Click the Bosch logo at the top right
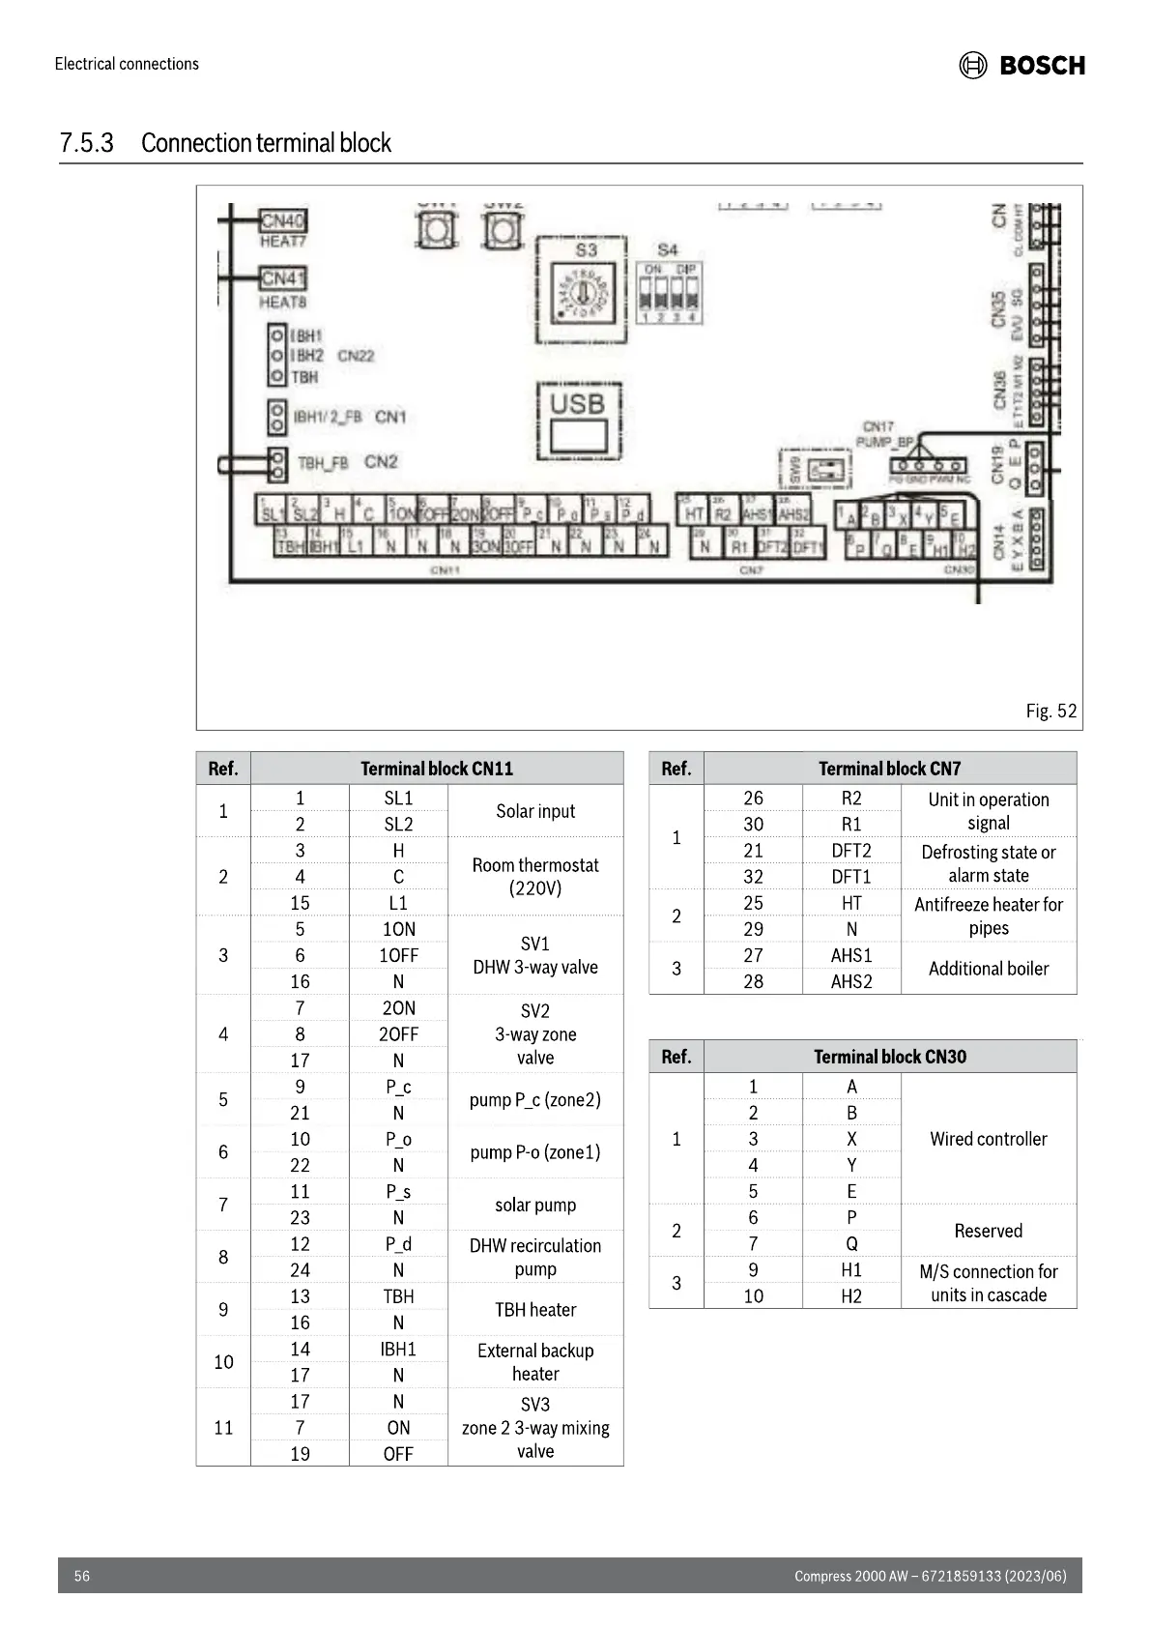point(1022,65)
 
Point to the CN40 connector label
point(282,220)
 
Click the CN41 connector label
point(282,278)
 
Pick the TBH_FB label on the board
point(322,463)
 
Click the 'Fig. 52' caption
point(1050,711)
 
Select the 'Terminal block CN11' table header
point(437,769)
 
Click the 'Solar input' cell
point(535,811)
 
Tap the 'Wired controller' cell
point(988,1139)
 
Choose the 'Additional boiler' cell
point(988,969)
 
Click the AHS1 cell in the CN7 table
point(851,955)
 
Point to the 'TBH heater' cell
point(535,1310)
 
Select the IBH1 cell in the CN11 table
point(398,1349)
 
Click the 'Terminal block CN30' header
point(889,1057)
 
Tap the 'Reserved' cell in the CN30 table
point(988,1231)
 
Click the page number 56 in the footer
point(82,1576)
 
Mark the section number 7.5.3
point(87,143)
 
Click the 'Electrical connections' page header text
point(127,64)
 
